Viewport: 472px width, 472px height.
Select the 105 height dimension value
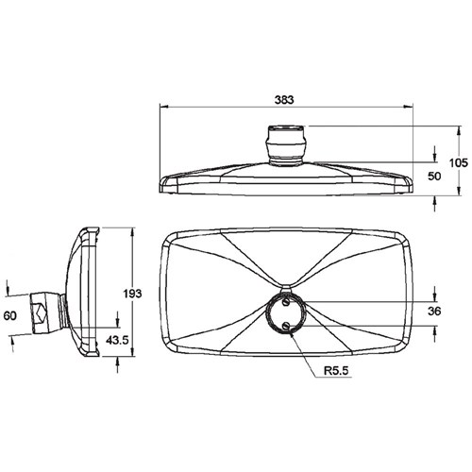tap(459, 161)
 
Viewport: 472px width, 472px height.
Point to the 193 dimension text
tap(133, 294)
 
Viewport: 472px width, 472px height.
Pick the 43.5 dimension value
tap(119, 339)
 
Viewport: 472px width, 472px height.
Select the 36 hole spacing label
tap(433, 310)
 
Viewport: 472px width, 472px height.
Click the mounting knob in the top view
tap(287, 143)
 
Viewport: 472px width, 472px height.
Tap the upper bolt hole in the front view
tap(287, 302)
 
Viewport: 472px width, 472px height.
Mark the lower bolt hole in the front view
tap(287, 325)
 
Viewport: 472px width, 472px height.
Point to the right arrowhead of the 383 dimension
tap(412, 110)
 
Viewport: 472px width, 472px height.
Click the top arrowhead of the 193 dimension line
tap(121, 231)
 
